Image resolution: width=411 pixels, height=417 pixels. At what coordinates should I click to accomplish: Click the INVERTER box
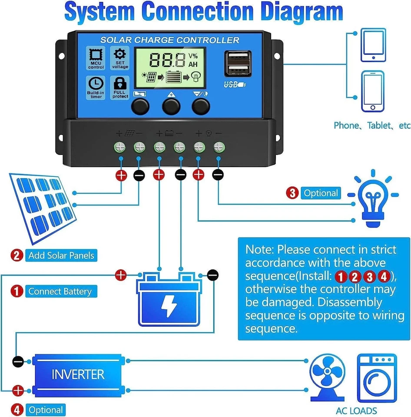pyautogui.click(x=78, y=374)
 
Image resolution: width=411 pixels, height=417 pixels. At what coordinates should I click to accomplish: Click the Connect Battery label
pyautogui.click(x=60, y=291)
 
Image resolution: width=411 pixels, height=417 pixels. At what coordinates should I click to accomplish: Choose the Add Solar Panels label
pyautogui.click(x=61, y=255)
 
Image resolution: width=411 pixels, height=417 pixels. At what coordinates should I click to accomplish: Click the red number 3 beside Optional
pyautogui.click(x=292, y=193)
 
